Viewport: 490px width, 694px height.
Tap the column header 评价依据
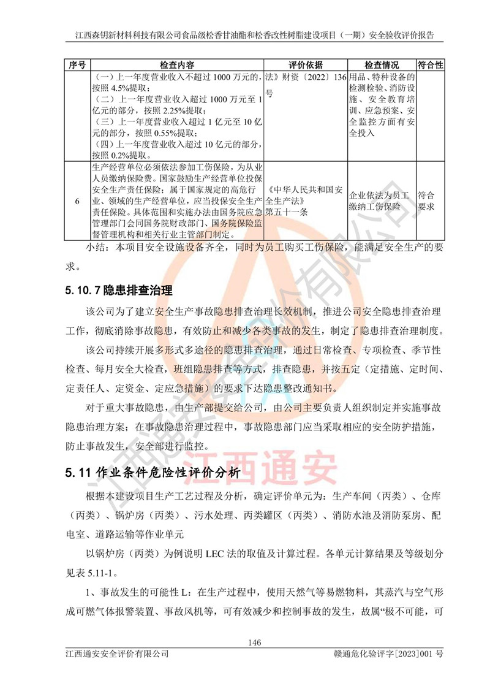[x=305, y=65]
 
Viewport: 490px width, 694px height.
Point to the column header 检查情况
[x=381, y=65]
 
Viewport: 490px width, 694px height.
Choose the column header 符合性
[x=430, y=65]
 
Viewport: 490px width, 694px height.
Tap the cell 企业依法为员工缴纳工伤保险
[x=381, y=200]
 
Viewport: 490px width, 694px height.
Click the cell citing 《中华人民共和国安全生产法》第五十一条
[x=305, y=200]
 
